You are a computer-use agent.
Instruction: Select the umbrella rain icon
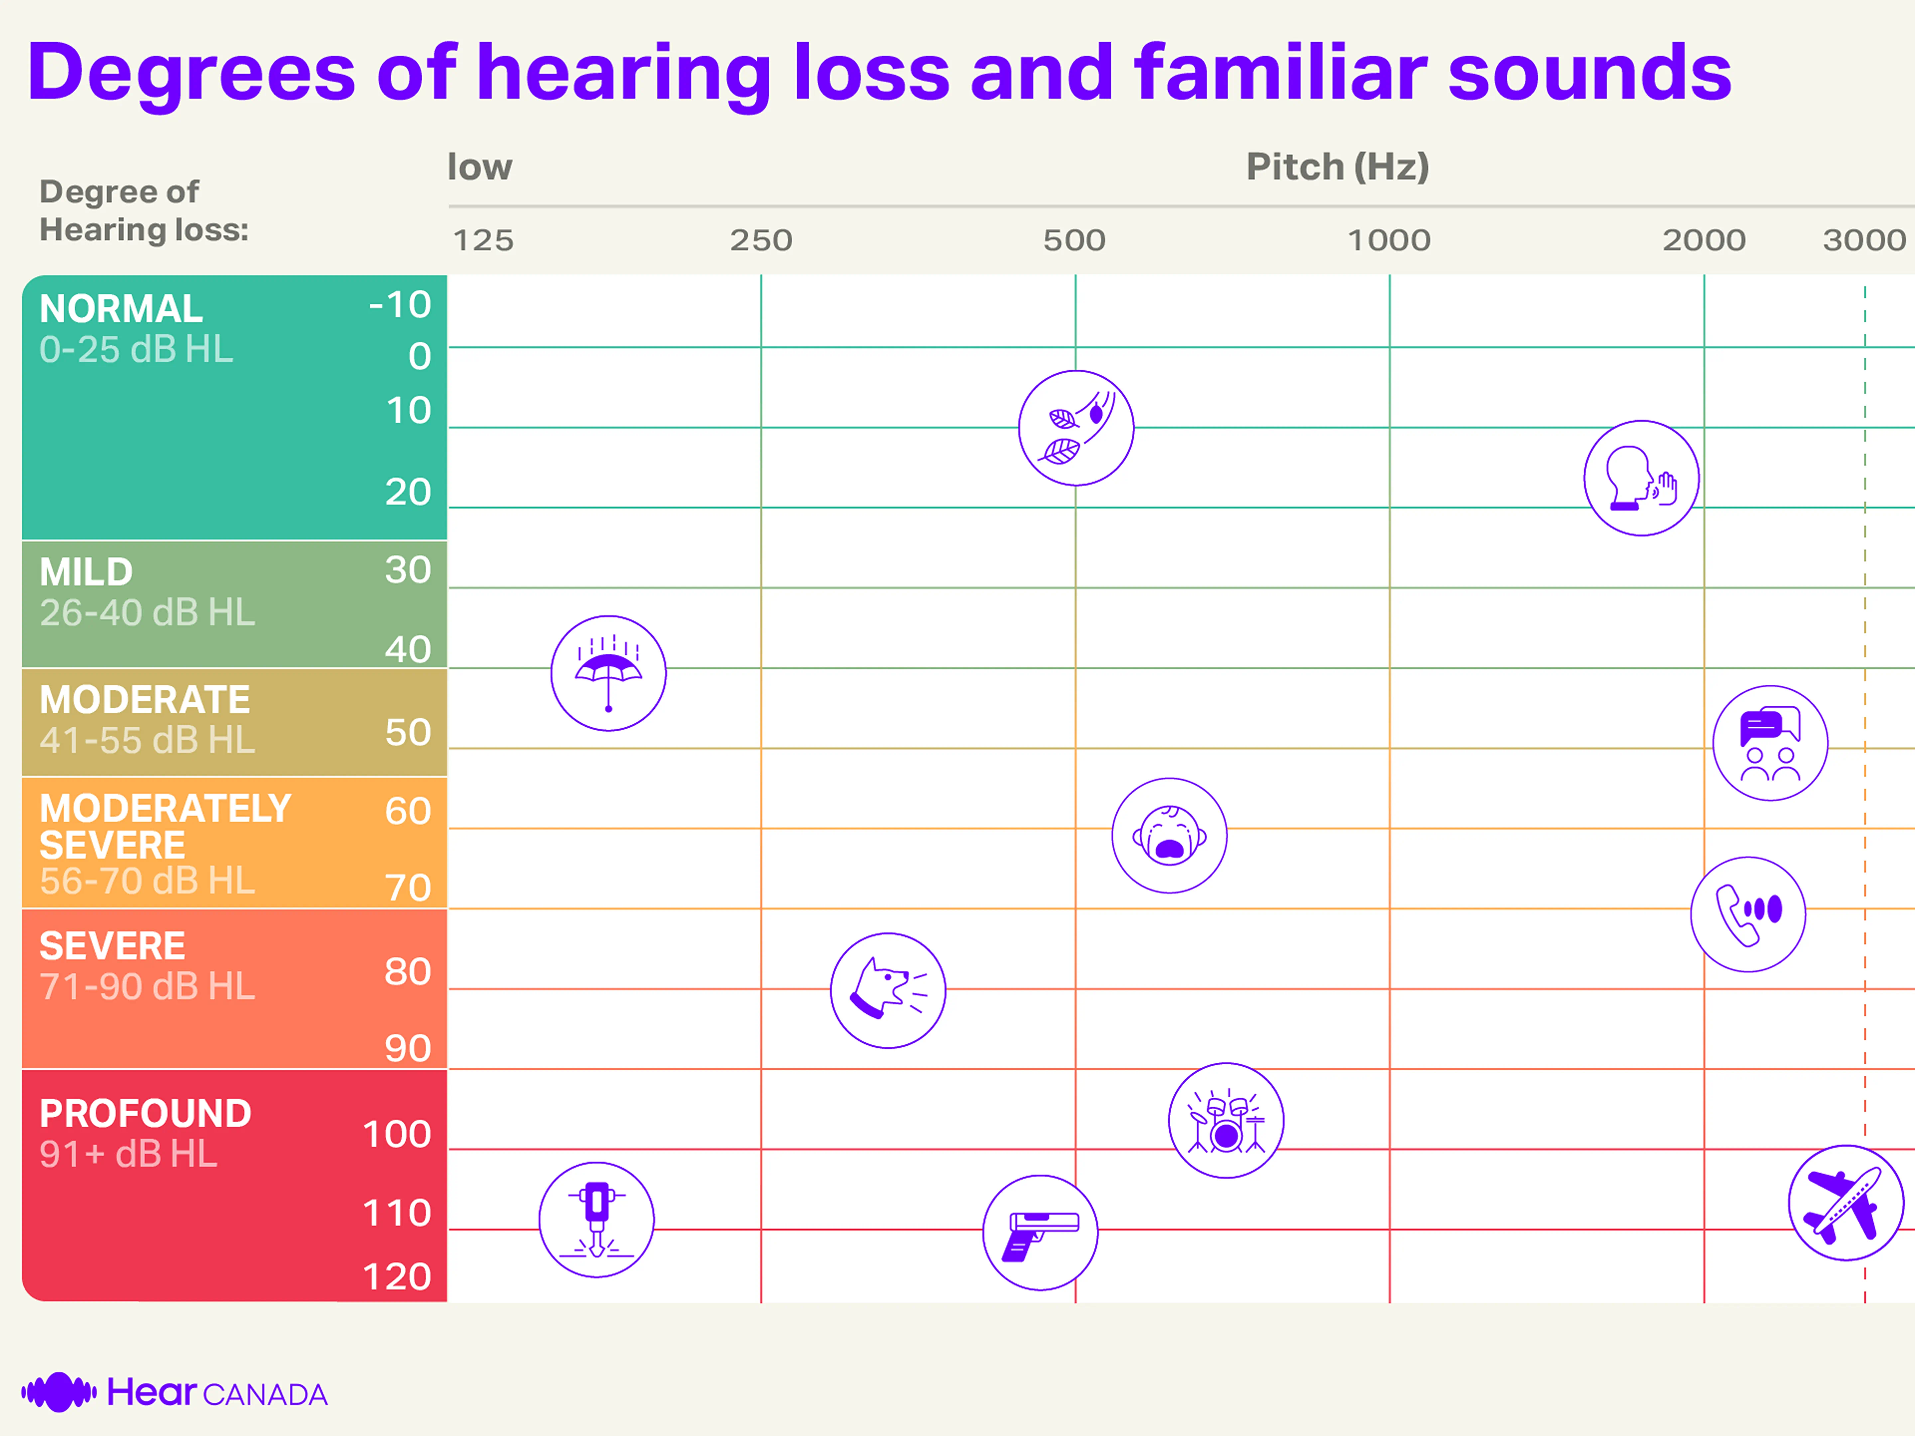(x=609, y=673)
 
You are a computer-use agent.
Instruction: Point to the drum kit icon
(x=1226, y=1120)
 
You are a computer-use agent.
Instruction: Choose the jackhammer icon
(x=596, y=1220)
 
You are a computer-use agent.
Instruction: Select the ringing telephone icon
(x=1748, y=914)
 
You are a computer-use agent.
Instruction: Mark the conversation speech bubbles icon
(x=1770, y=743)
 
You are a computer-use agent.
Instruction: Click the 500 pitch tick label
(x=1075, y=240)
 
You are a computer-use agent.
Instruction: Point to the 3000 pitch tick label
(x=1864, y=240)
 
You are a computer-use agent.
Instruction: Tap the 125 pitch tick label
(x=483, y=240)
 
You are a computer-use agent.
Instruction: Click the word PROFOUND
(x=145, y=1113)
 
